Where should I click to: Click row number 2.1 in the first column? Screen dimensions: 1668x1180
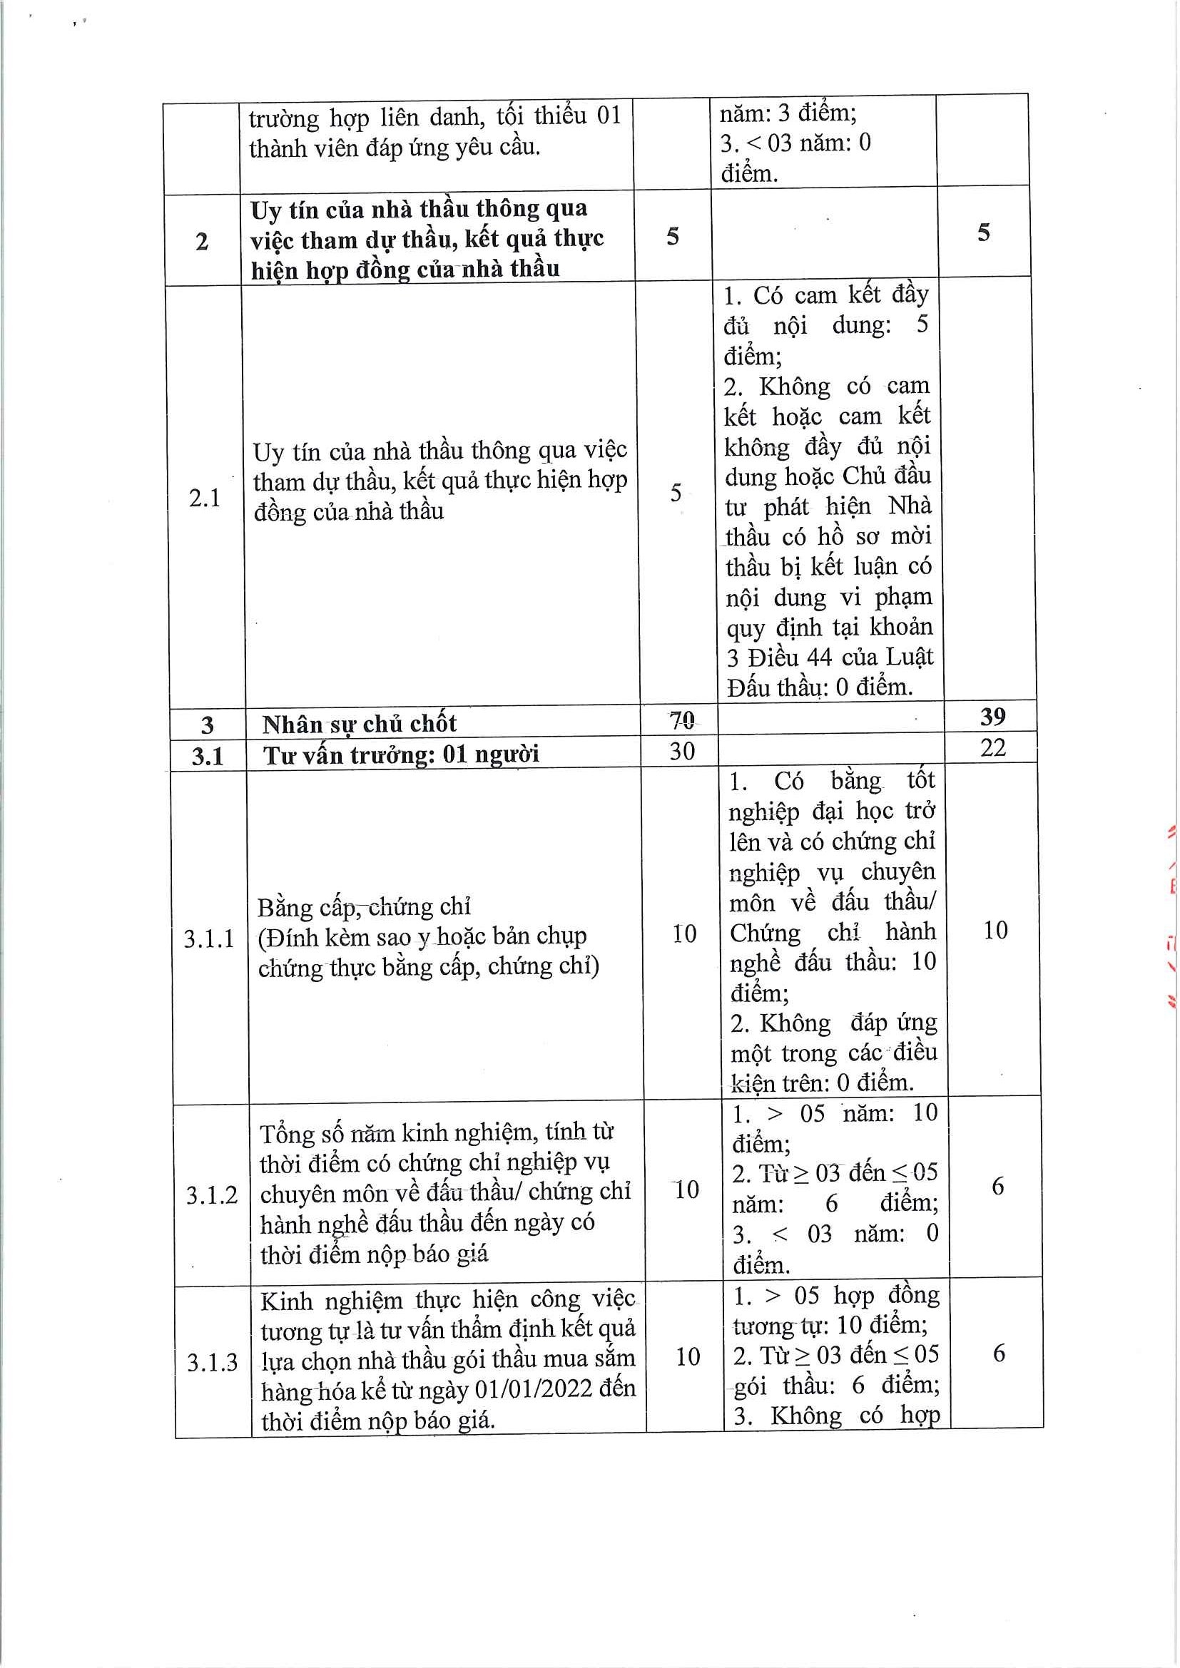tap(204, 498)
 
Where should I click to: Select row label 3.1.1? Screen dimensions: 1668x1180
tap(209, 938)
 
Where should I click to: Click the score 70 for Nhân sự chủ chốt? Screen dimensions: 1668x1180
tap(681, 720)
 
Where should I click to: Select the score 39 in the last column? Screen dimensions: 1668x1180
tap(992, 717)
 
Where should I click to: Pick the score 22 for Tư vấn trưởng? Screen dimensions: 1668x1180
tap(992, 747)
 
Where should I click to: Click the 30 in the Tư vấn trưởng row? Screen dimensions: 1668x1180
tap(682, 751)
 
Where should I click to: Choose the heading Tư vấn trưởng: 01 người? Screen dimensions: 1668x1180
tap(401, 755)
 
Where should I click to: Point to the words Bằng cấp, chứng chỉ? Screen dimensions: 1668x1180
tap(364, 907)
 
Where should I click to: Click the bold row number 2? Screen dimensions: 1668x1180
tap(202, 241)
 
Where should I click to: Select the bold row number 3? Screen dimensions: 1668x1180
tap(207, 725)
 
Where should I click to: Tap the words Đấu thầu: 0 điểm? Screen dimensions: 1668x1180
tap(820, 687)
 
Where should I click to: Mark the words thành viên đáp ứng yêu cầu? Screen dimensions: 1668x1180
tap(395, 148)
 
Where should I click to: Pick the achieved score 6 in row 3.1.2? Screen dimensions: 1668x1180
tap(997, 1187)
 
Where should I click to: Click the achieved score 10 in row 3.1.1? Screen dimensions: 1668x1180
tap(995, 931)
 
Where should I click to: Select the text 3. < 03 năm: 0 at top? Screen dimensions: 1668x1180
tap(795, 143)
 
